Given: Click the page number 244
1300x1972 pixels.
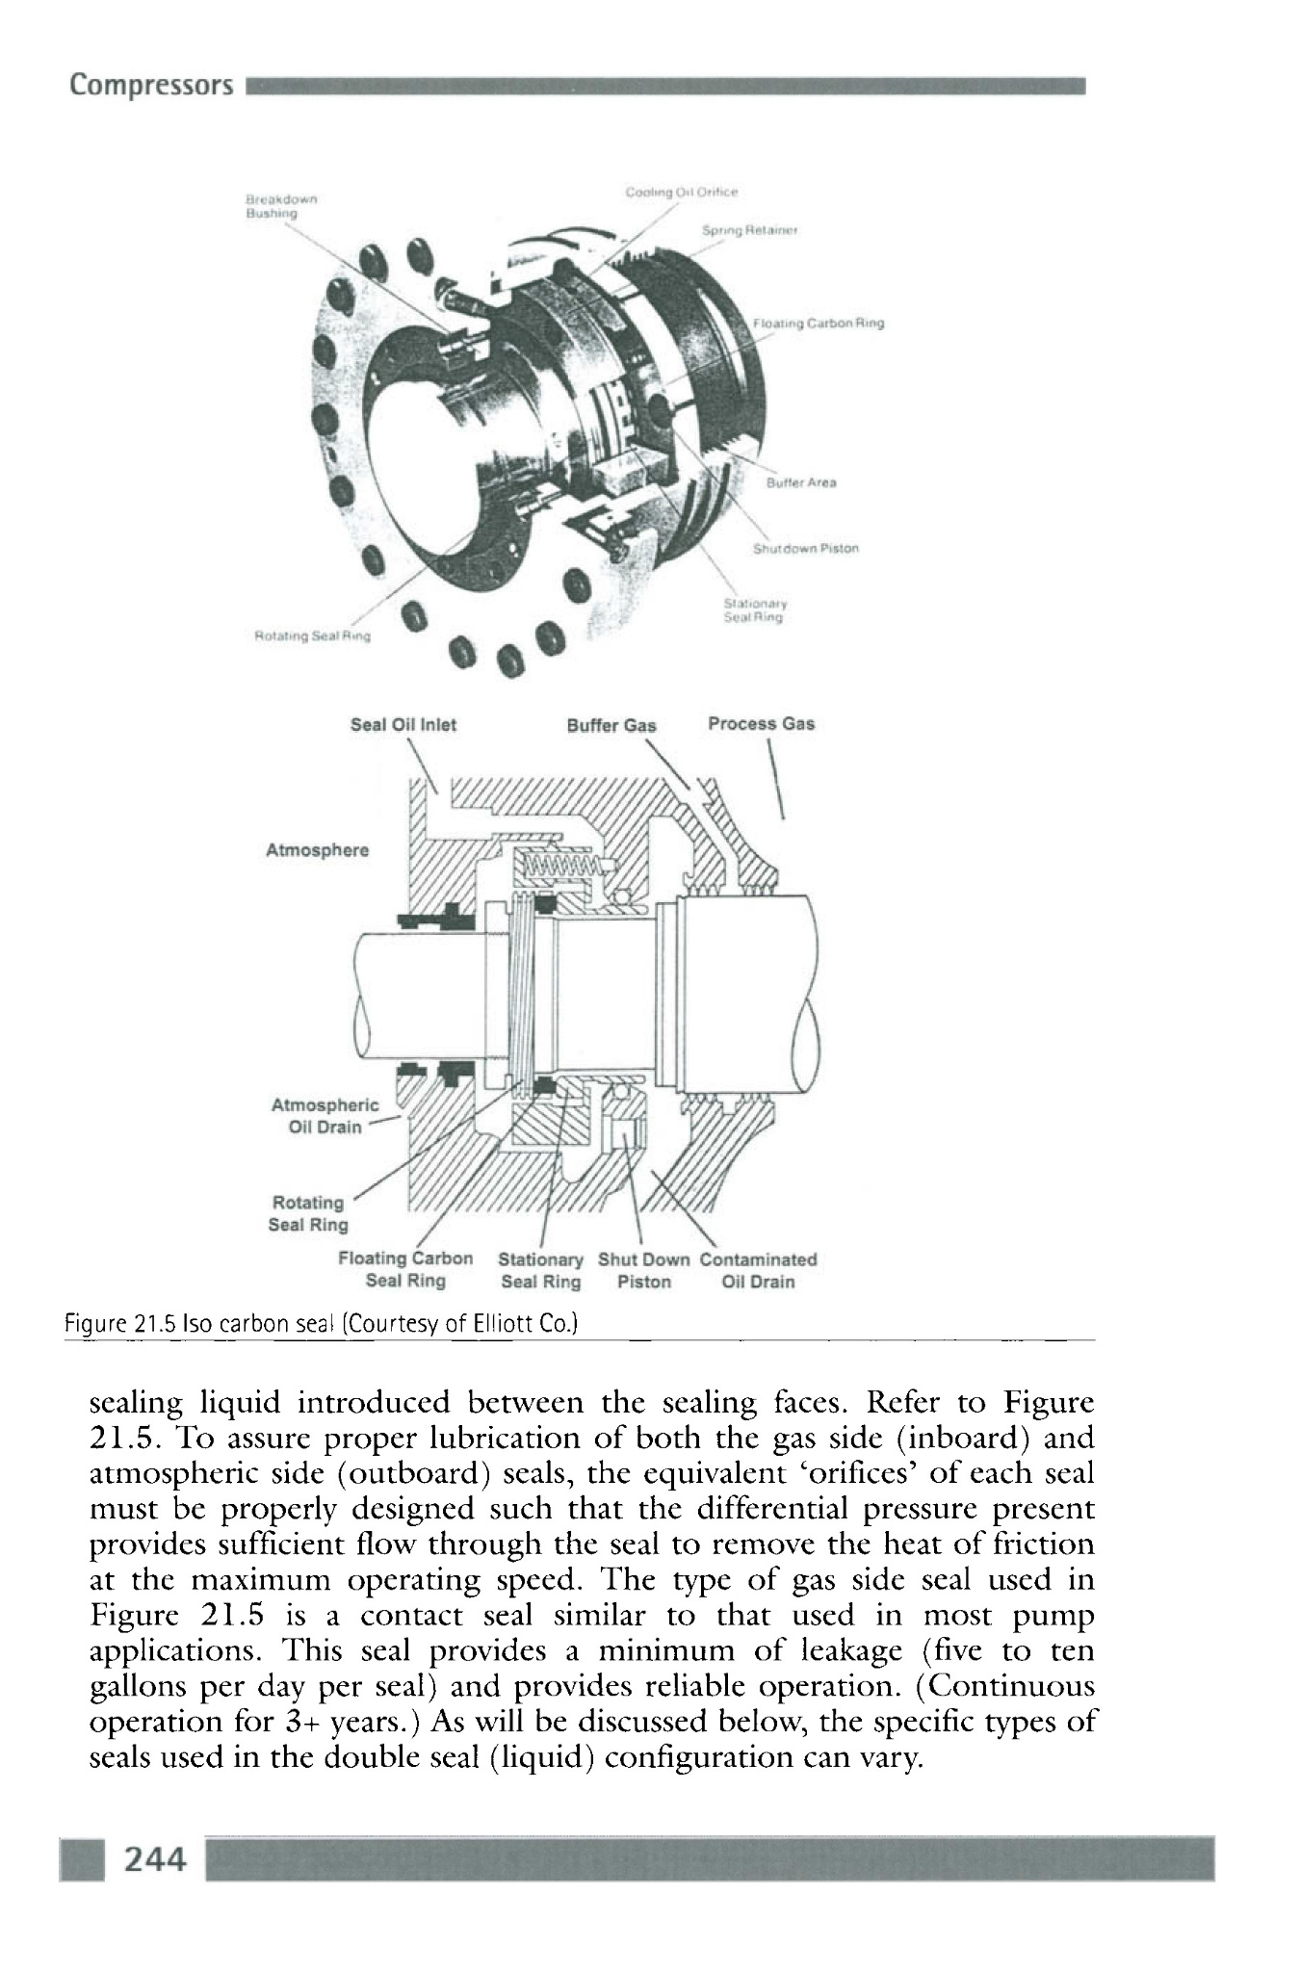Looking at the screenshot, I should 154,1859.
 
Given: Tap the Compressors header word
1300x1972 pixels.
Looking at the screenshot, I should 151,87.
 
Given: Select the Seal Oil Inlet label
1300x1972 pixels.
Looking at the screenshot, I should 403,725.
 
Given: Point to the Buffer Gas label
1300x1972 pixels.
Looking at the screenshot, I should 611,725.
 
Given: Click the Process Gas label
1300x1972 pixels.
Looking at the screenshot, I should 761,723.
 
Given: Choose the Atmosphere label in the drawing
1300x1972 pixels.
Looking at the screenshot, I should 317,850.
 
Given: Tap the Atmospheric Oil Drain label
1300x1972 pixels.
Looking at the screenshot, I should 325,1116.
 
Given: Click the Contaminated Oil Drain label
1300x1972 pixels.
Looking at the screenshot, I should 758,1270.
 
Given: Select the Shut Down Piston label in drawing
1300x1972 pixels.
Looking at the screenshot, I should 643,1270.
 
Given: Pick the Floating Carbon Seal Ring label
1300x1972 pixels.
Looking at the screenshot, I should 405,1269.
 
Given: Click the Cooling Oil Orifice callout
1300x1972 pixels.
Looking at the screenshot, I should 681,191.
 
